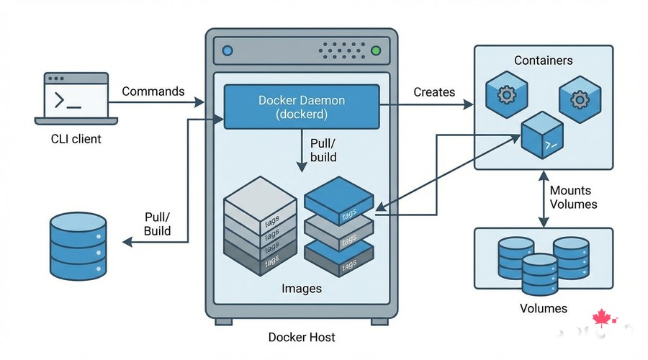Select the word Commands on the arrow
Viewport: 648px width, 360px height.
pyautogui.click(x=153, y=91)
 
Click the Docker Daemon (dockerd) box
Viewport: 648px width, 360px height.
pyautogui.click(x=302, y=107)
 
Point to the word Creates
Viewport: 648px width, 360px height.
pyautogui.click(x=434, y=91)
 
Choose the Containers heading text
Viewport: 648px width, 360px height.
pyautogui.click(x=543, y=60)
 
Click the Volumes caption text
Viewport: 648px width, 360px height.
pyautogui.click(x=543, y=308)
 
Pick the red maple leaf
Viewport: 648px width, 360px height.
pyautogui.click(x=600, y=318)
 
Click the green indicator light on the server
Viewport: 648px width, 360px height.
pyautogui.click(x=375, y=51)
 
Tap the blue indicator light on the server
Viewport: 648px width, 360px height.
pyautogui.click(x=228, y=51)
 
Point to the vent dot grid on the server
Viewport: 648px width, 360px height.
pyautogui.click(x=342, y=50)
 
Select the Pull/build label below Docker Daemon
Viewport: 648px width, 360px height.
pyautogui.click(x=323, y=150)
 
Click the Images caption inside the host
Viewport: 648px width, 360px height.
pyautogui.click(x=302, y=289)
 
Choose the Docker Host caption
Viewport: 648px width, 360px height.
pyautogui.click(x=302, y=336)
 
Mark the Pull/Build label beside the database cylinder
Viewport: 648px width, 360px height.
pyautogui.click(x=158, y=223)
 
